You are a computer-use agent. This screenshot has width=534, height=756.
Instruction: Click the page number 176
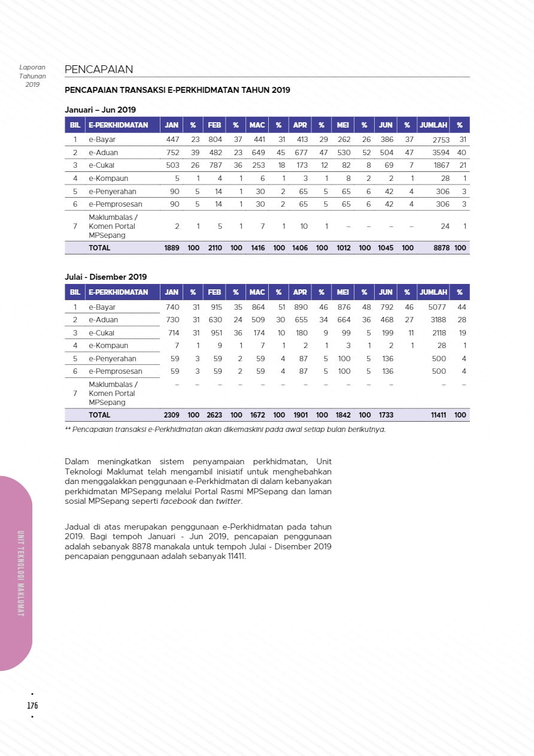pyautogui.click(x=32, y=705)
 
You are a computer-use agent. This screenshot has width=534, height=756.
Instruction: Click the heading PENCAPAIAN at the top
pyautogui.click(x=99, y=69)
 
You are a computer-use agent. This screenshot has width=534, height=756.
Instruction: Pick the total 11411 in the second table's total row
pyautogui.click(x=439, y=415)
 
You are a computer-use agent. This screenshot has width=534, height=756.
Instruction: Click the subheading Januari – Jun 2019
pyautogui.click(x=101, y=110)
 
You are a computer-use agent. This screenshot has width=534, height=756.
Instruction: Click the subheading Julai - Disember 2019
pyautogui.click(x=106, y=277)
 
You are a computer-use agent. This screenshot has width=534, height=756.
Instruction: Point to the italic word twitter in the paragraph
pyautogui.click(x=228, y=501)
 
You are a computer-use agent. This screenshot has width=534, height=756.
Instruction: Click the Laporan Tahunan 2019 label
pyautogui.click(x=32, y=76)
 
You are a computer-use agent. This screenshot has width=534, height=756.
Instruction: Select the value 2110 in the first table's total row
pyautogui.click(x=214, y=247)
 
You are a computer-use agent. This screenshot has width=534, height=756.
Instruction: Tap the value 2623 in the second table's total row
pyautogui.click(x=214, y=415)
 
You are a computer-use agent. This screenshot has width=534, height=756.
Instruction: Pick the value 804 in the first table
pyautogui.click(x=215, y=140)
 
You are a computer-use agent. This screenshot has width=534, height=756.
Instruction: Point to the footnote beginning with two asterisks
pyautogui.click(x=225, y=429)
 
